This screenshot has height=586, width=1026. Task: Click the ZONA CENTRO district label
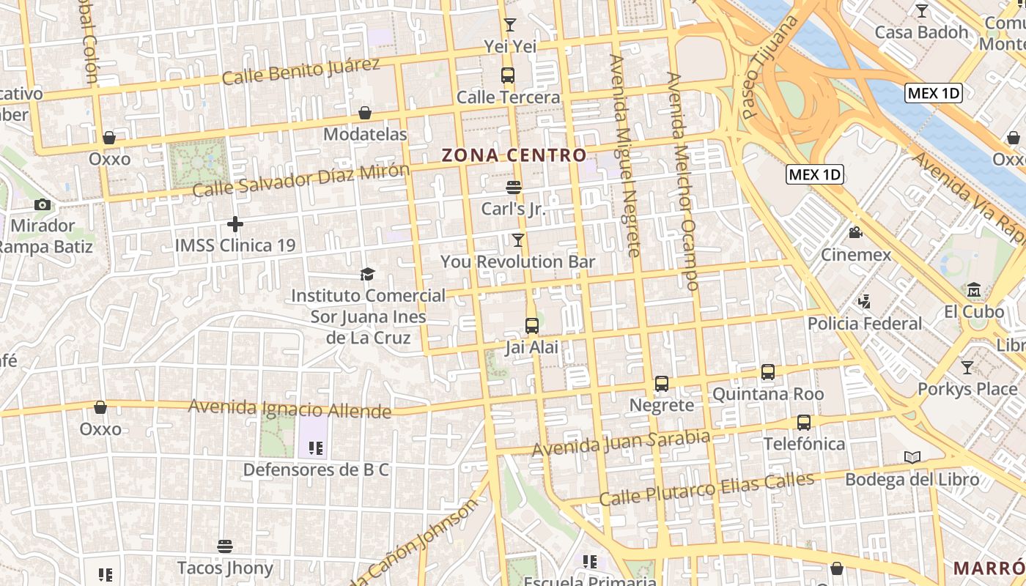pos(514,155)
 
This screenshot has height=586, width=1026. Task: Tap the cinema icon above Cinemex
pos(855,233)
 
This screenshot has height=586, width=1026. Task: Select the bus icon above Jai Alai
pos(532,325)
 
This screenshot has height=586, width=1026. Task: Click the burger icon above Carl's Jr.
pos(514,187)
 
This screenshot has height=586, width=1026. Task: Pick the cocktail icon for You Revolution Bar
pos(518,240)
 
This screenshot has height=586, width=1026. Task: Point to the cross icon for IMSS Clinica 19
pos(235,223)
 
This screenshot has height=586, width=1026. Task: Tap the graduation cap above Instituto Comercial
pos(367,274)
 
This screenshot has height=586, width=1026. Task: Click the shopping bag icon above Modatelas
pos(365,113)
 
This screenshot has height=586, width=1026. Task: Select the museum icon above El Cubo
pos(974,290)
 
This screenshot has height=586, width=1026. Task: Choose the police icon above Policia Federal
pos(865,301)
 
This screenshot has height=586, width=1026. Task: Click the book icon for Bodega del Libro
pos(912,458)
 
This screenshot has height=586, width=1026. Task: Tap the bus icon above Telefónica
pos(804,422)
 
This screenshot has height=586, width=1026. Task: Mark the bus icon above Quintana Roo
pos(768,372)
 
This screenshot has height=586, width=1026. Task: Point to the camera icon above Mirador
pos(43,204)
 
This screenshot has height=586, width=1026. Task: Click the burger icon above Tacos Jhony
pos(225,546)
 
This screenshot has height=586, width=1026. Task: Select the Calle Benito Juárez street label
pos(301,71)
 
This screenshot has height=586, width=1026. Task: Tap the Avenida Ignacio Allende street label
pos(290,408)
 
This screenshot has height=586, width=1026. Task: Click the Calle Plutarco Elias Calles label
pos(706,489)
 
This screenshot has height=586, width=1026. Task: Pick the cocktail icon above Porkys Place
pos(967,367)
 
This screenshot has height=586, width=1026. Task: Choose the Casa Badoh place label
pos(922,32)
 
